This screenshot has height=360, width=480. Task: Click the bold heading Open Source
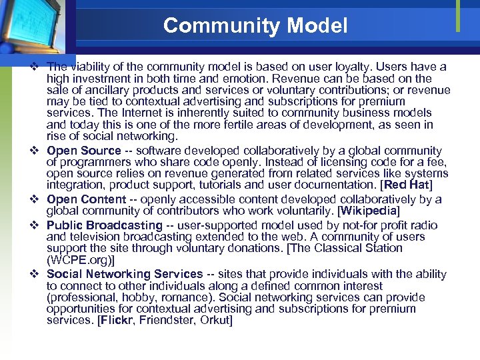84,151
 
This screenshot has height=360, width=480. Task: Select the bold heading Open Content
86,199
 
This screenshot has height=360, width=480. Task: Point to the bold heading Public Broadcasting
104,226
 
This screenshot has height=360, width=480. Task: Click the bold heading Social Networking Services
125,274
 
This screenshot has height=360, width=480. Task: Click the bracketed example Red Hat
407,185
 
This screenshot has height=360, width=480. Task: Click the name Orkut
215,321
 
